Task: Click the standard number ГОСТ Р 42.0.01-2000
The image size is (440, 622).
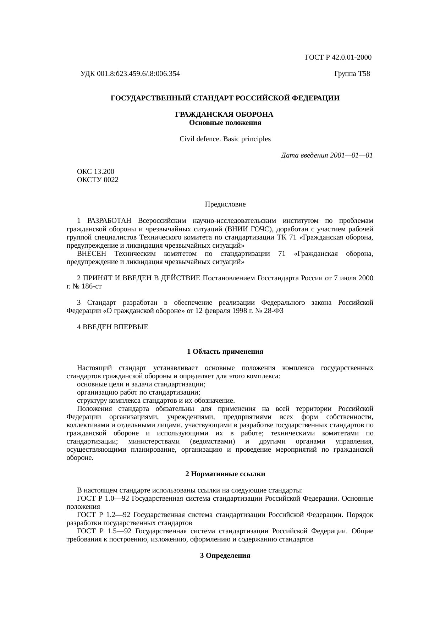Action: point(338,57)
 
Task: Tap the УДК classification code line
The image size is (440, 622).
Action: point(130,74)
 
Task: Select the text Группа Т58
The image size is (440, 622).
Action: point(352,74)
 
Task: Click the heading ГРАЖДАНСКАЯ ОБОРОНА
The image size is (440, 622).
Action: point(225,115)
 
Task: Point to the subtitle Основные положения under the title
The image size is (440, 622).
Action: point(225,123)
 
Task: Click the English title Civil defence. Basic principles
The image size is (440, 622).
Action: point(225,139)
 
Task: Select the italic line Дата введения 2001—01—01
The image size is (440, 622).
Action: point(326,155)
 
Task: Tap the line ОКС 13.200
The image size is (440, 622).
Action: point(95,172)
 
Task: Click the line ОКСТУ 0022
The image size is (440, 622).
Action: point(98,180)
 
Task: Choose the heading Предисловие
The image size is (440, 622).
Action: point(225,204)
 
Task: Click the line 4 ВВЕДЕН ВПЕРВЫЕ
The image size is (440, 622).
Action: point(112,327)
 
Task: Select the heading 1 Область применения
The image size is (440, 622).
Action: point(225,352)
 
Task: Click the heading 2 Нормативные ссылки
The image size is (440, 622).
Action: point(225,474)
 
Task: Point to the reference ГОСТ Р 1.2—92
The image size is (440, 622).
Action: point(104,515)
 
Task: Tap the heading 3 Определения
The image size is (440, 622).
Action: point(225,556)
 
